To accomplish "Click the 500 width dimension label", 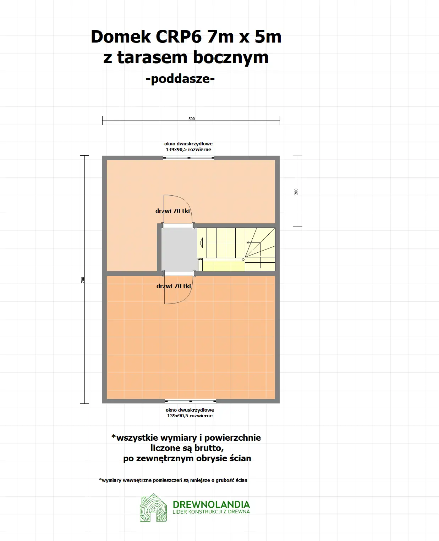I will (x=192, y=119).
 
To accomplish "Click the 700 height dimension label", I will (x=83, y=280).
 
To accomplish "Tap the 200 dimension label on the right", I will (x=296, y=191).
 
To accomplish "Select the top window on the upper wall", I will (x=189, y=158).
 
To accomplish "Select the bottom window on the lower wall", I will (x=191, y=401).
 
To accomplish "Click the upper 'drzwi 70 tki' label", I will (x=172, y=211).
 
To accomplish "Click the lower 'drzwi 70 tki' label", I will (x=174, y=286).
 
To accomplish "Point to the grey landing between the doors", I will (x=179, y=250).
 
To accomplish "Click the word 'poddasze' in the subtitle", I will (x=180, y=78).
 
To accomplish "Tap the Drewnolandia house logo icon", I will (x=153, y=508).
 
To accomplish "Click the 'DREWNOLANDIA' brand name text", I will (x=211, y=504).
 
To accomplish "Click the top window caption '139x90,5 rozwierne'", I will (x=188, y=150).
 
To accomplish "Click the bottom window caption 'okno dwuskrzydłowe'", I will (x=190, y=410).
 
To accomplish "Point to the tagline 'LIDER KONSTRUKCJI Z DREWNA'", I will (x=211, y=512).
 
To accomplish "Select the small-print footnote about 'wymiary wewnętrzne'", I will (x=173, y=480).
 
